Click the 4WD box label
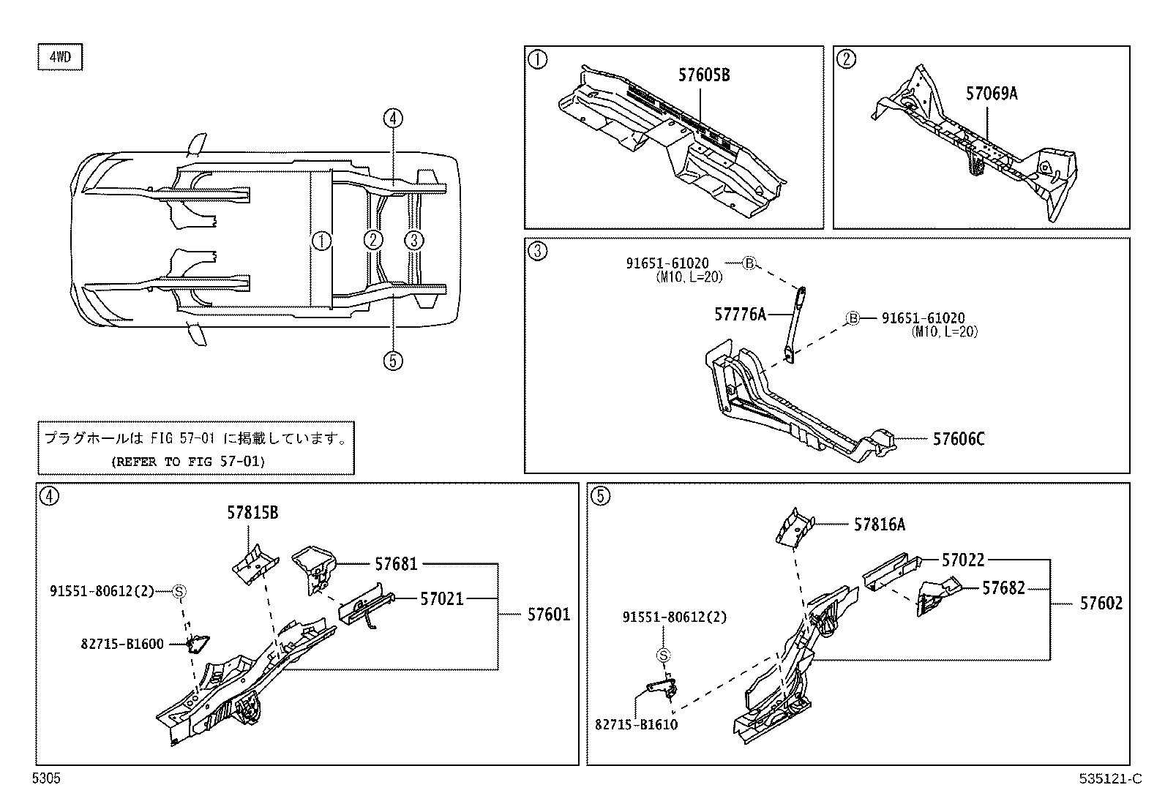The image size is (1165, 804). pyautogui.click(x=59, y=58)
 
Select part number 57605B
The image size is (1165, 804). pyautogui.click(x=703, y=75)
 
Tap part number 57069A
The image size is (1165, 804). pyautogui.click(x=991, y=94)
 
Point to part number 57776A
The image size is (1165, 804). pyautogui.click(x=739, y=315)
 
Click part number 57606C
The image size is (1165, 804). pyautogui.click(x=958, y=439)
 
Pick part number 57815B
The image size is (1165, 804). pyautogui.click(x=252, y=514)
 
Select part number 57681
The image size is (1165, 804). pyautogui.click(x=396, y=563)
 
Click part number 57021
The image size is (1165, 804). pyautogui.click(x=441, y=598)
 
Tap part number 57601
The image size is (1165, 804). pyautogui.click(x=548, y=615)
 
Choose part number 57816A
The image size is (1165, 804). pyautogui.click(x=879, y=524)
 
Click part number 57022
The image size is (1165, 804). pyautogui.click(x=963, y=560)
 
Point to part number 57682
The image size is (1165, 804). pyautogui.click(x=1003, y=588)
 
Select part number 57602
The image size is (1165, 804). pyautogui.click(x=1101, y=603)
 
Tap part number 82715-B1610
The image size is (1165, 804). pyautogui.click(x=636, y=724)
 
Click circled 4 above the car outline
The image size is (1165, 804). pyautogui.click(x=393, y=118)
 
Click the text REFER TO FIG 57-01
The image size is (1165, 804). pyautogui.click(x=187, y=462)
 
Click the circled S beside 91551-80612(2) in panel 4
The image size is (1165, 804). pyautogui.click(x=179, y=591)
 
